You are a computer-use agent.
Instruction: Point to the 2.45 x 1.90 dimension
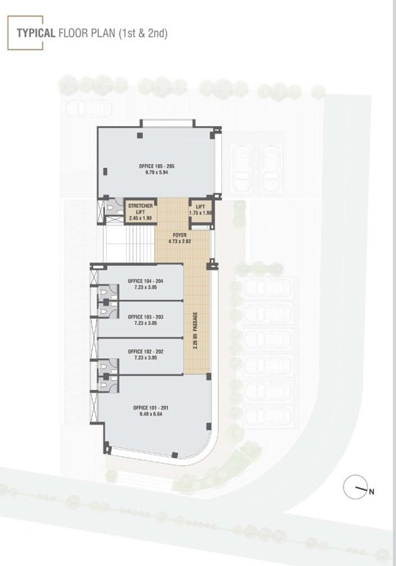point(140,219)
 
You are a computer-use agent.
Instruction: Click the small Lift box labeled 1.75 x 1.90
point(200,210)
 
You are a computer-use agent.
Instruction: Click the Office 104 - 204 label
point(145,282)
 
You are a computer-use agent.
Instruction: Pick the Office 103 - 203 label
point(145,316)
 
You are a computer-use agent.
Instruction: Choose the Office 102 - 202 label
point(145,352)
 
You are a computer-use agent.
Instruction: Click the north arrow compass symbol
point(357,487)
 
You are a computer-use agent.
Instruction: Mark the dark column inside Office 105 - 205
point(107,172)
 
